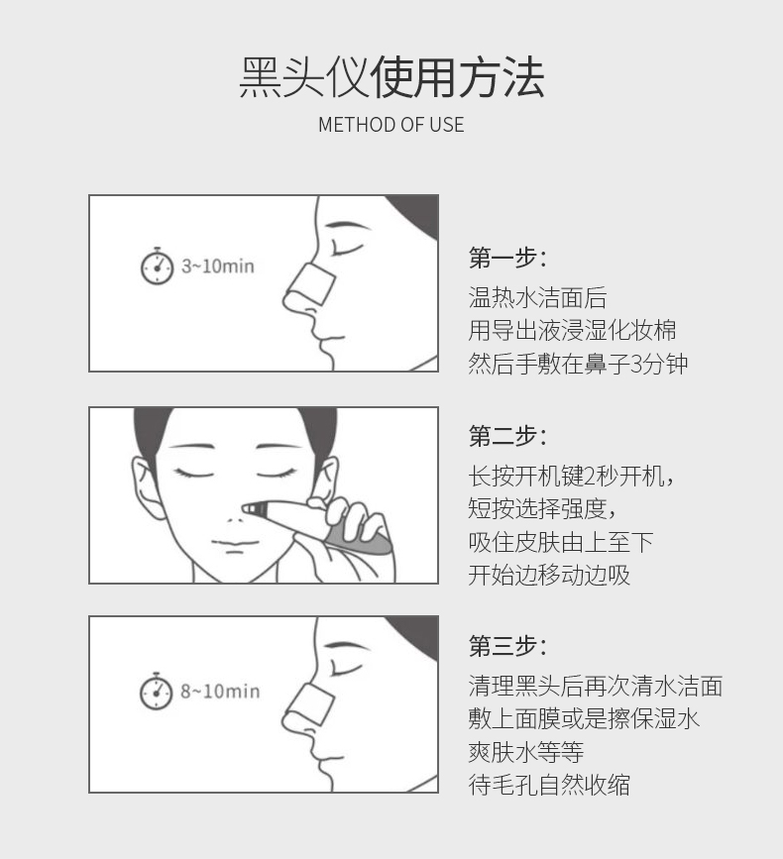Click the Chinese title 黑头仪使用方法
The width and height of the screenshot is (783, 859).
pyautogui.click(x=391, y=77)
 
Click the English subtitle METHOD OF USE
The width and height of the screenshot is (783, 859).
pyautogui.click(x=391, y=125)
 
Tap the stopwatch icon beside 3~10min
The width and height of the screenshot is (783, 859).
pyautogui.click(x=158, y=267)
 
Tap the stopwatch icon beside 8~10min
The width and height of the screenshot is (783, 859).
pyautogui.click(x=157, y=692)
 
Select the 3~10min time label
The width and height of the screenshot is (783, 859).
pyautogui.click(x=218, y=267)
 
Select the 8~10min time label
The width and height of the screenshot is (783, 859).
pyautogui.click(x=220, y=692)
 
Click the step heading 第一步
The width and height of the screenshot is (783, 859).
pyautogui.click(x=507, y=258)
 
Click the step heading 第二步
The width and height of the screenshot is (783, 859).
pyautogui.click(x=507, y=436)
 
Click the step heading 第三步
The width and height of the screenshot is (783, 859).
pyautogui.click(x=507, y=646)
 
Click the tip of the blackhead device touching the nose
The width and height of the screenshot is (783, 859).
pyautogui.click(x=245, y=509)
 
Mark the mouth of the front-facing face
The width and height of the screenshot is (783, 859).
pyautogui.click(x=235, y=544)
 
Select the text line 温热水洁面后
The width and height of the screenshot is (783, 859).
pyautogui.click(x=537, y=298)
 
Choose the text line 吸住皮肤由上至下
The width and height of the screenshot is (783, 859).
pyautogui.click(x=561, y=542)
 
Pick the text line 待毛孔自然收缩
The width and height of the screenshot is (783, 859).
pyautogui.click(x=549, y=785)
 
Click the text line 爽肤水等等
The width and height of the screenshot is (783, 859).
pyautogui.click(x=526, y=752)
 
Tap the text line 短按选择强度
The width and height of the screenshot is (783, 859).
pyautogui.click(x=542, y=509)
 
